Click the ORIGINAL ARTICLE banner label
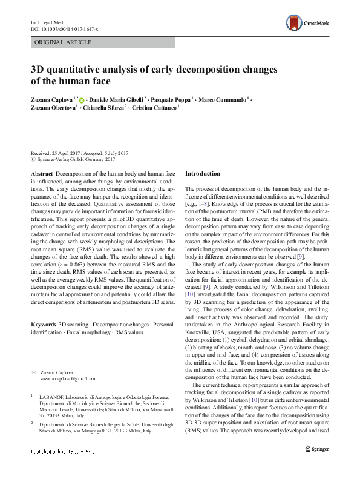[64, 42]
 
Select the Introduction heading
[202, 173]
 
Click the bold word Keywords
[44, 325]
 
